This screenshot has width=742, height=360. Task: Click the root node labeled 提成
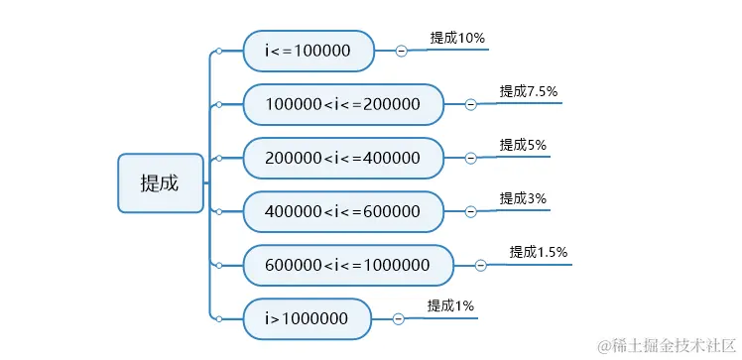pos(160,182)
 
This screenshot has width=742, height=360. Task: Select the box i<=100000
pos(309,51)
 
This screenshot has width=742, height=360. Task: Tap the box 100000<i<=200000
pos(343,104)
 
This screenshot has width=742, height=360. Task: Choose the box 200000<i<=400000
pos(343,158)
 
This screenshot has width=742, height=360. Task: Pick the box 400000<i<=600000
pos(343,211)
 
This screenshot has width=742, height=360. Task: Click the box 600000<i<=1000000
pos(348,265)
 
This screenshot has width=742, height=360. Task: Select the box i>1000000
pos(307,318)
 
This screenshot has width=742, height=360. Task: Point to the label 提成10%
pos(457,38)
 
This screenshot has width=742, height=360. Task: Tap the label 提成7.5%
pos(529,91)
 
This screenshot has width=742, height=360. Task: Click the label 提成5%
pos(523,145)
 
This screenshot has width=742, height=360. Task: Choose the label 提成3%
pos(523,198)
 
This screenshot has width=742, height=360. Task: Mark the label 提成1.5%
pos(539,252)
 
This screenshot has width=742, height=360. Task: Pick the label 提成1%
pos(450,305)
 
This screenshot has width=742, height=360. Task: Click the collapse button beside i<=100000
pos(401,51)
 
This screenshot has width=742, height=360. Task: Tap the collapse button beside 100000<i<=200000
pos(470,104)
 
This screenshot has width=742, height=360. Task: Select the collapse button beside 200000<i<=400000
pos(470,158)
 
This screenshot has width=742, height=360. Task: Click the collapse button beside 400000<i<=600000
pos(470,211)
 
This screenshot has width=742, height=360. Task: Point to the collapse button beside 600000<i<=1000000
pos(480,265)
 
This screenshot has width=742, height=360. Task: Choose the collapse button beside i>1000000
pos(398,318)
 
